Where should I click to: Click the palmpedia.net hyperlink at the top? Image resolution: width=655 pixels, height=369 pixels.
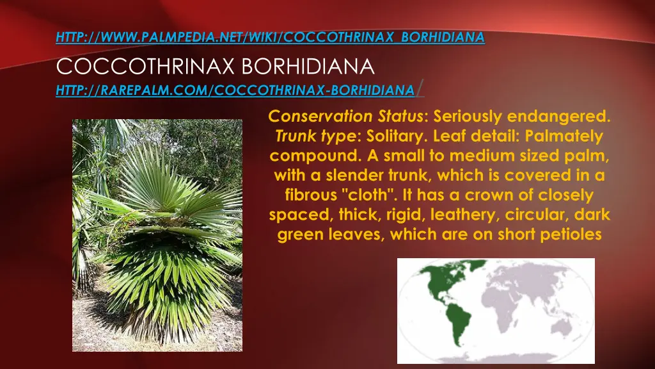click(270, 38)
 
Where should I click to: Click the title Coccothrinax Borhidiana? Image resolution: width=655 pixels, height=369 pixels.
click(215, 66)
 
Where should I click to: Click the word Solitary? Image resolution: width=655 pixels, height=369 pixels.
click(391, 136)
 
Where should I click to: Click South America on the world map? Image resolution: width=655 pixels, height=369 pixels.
click(454, 327)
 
